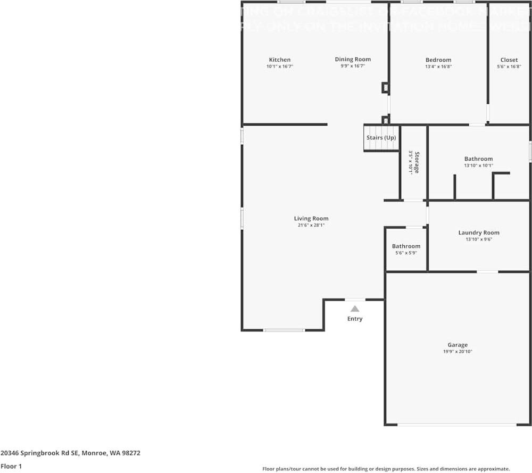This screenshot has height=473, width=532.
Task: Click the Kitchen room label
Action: (279, 60)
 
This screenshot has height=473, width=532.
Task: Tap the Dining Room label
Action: (352, 59)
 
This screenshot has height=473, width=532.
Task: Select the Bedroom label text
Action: (438, 60)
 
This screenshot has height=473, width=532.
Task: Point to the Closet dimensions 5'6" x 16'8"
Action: (509, 67)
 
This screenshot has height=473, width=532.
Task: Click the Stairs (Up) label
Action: (381, 138)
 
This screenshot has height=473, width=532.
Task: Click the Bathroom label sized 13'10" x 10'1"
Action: (478, 159)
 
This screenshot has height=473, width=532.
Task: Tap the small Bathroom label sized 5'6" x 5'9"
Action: (406, 246)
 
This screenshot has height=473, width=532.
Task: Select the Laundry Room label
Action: (479, 233)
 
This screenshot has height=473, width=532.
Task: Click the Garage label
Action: (457, 345)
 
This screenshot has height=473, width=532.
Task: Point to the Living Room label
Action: (311, 218)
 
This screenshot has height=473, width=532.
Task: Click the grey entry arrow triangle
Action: (355, 309)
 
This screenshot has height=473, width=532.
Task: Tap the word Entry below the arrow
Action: (355, 319)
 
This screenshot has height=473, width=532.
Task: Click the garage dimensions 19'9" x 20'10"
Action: (457, 352)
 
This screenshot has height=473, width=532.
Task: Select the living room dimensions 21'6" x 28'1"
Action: (311, 225)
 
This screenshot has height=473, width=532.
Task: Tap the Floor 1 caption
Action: (12, 466)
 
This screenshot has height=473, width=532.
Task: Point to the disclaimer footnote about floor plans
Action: (386, 469)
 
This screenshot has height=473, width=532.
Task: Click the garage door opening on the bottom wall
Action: (457, 425)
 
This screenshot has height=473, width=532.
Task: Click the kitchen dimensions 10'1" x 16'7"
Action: (279, 67)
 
